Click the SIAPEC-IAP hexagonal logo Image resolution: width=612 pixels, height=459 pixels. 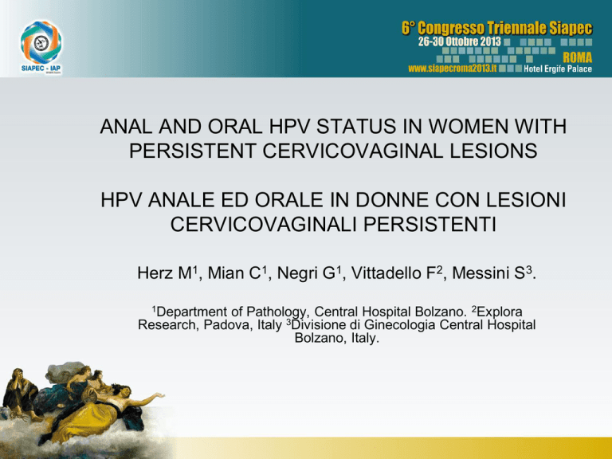[x=41, y=42]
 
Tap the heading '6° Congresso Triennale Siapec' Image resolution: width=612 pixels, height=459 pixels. [x=497, y=29]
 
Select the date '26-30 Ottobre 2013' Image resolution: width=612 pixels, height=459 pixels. [x=459, y=41]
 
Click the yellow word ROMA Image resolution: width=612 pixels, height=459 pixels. [x=577, y=57]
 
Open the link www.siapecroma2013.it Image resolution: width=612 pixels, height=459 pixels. [x=453, y=69]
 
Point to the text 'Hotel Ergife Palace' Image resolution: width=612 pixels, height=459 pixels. [x=557, y=69]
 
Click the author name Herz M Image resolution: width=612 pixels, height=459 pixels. [x=167, y=273]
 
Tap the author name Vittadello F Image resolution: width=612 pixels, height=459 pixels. [x=397, y=273]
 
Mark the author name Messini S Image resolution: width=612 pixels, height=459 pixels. [x=491, y=273]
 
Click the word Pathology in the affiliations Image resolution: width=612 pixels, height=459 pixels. [x=277, y=312]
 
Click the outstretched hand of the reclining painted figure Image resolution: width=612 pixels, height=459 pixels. [x=159, y=396]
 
